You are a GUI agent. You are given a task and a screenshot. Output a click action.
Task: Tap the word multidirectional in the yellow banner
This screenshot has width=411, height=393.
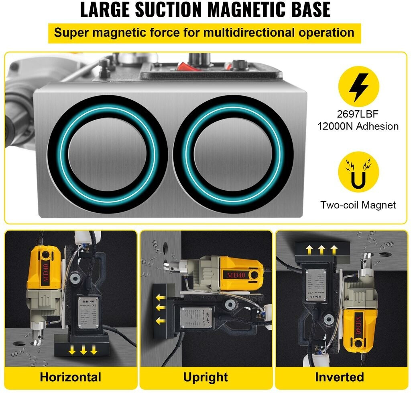(245, 33)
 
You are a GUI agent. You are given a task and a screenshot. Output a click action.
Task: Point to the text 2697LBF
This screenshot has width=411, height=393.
(358, 115)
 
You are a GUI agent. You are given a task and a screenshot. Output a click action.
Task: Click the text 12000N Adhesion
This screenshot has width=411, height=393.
(358, 126)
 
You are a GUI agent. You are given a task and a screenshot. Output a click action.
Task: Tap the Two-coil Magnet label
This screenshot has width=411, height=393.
(358, 205)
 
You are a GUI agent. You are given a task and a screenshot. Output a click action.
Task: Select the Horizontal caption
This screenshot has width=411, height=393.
(71, 377)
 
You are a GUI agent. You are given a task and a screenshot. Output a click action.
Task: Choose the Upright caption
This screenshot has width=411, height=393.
(205, 377)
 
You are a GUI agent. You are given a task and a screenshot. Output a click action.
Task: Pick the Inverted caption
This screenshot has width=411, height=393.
(340, 377)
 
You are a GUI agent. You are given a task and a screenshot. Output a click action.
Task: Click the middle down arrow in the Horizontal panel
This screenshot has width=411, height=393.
(83, 350)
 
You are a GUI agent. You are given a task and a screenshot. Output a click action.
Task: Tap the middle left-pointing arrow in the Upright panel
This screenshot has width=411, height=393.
(161, 308)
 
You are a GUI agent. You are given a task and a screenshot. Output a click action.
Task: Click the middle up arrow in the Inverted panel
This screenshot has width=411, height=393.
(321, 250)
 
